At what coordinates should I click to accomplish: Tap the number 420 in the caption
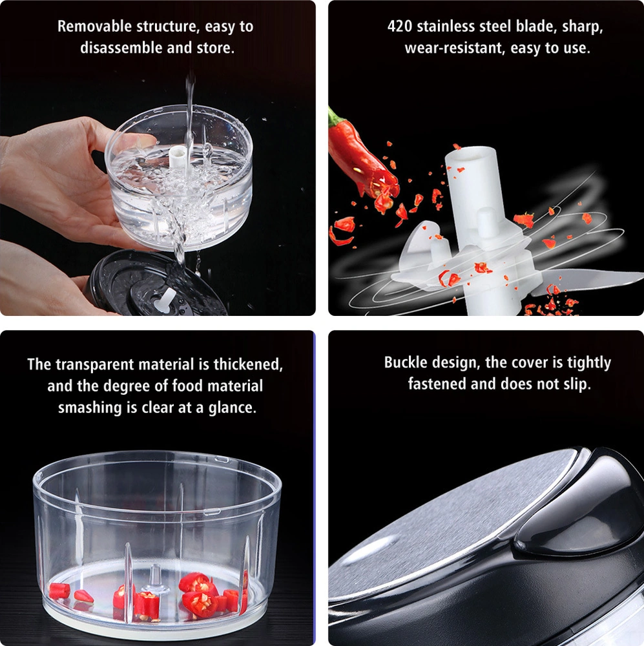point(399,26)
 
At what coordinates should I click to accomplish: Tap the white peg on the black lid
point(165,300)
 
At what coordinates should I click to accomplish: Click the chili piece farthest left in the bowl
point(59,591)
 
